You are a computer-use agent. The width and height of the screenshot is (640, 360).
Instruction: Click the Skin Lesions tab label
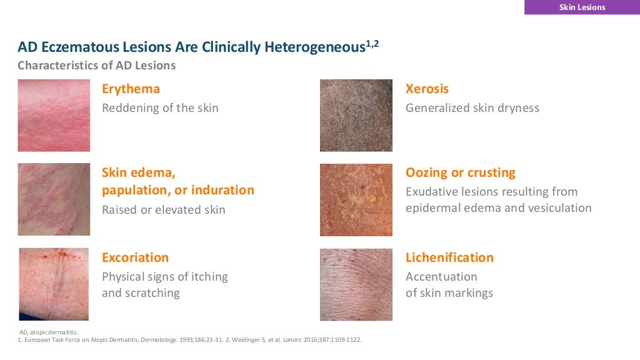tap(581, 7)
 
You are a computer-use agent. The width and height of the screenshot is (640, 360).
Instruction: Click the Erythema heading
tap(131, 89)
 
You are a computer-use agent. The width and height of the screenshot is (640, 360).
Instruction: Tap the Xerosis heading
tap(427, 89)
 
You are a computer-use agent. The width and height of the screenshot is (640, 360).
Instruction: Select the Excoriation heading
tap(135, 257)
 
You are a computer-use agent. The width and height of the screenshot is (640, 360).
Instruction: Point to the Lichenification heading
tap(449, 257)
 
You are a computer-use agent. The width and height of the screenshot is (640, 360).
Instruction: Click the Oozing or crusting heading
tap(460, 172)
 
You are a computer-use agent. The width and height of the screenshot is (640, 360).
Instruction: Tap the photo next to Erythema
tap(54, 116)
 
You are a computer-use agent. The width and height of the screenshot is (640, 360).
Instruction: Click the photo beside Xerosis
tap(356, 116)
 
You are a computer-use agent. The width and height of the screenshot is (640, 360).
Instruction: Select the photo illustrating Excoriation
tap(54, 284)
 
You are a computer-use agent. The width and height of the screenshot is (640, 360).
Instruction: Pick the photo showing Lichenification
tap(356, 284)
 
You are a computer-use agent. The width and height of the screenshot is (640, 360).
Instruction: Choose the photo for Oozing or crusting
tap(356, 200)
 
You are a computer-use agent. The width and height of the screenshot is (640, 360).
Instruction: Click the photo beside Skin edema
tap(54, 200)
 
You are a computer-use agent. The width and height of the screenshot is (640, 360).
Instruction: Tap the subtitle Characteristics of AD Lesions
tap(96, 65)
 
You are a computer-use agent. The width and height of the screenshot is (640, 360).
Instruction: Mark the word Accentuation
tap(441, 276)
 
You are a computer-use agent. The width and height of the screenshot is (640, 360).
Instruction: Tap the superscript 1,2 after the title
tap(372, 44)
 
